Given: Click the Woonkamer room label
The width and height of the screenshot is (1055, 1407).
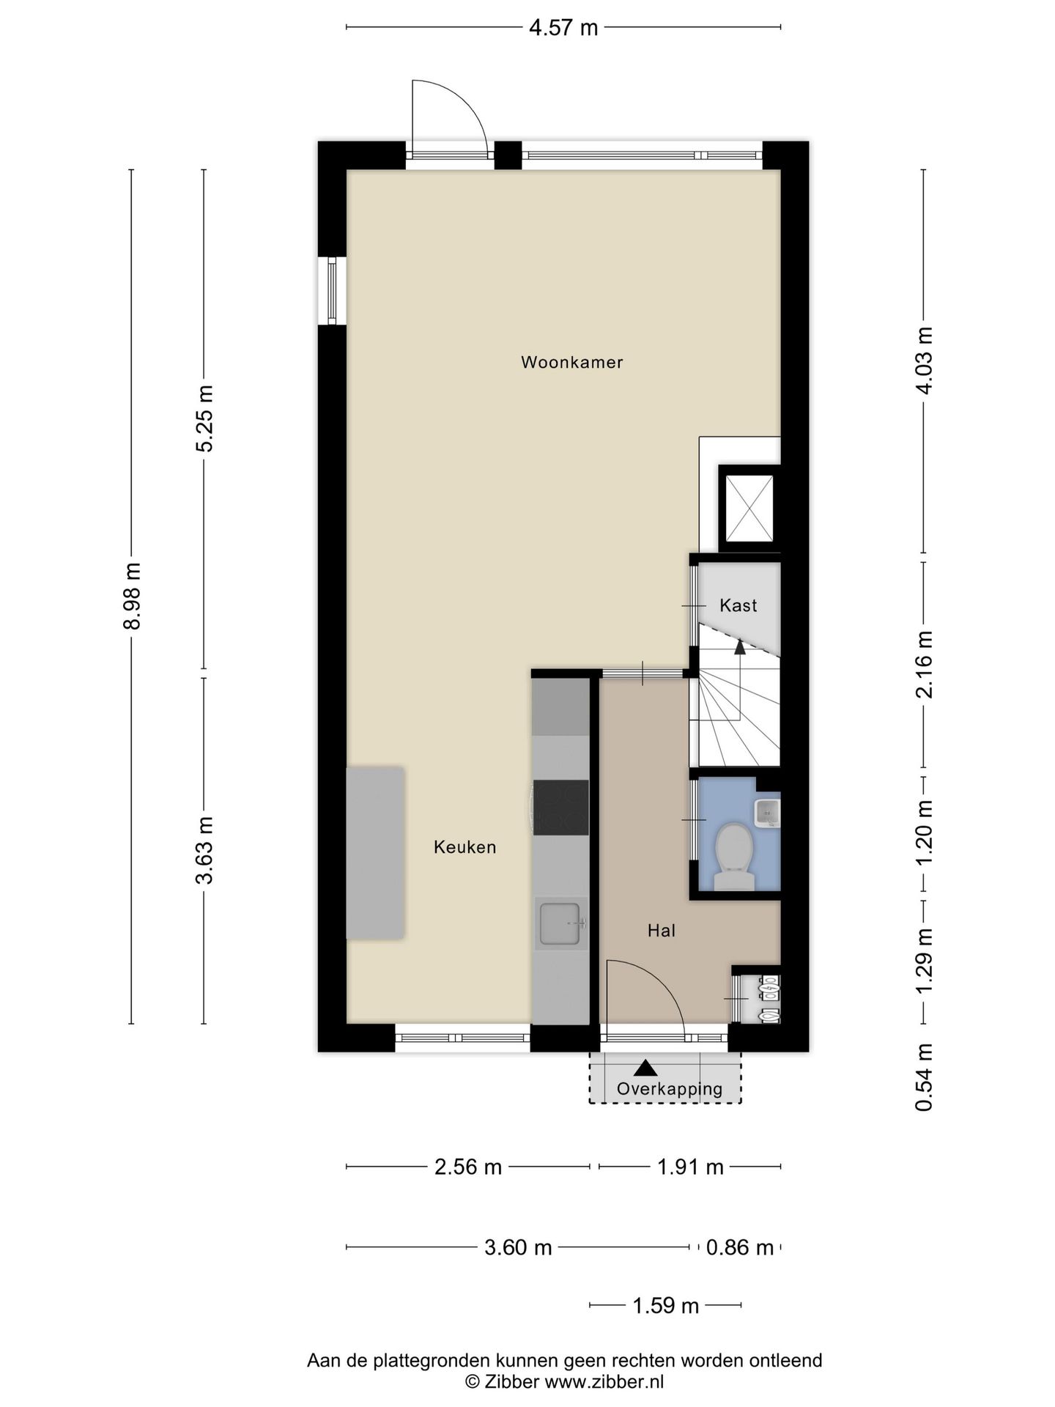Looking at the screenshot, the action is [571, 362].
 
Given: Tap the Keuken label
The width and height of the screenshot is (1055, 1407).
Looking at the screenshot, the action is [465, 847].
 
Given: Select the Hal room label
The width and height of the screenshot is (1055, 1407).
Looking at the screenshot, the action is [661, 931].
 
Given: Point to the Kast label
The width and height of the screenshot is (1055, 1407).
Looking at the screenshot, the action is [738, 605].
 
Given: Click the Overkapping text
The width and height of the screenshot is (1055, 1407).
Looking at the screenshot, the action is [670, 1089].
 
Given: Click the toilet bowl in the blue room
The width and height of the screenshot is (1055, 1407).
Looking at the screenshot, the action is [733, 856].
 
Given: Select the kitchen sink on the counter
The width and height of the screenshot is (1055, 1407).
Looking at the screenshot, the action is [561, 923].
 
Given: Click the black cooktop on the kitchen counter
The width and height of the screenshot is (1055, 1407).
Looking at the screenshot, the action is [560, 808].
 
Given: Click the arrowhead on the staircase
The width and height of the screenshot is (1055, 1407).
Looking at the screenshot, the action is [740, 647].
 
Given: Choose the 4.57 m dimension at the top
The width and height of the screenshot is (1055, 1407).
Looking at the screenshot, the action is [563, 28].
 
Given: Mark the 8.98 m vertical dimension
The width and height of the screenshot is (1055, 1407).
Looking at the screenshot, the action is [132, 596].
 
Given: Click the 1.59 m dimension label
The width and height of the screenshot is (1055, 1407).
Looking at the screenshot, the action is [665, 1305].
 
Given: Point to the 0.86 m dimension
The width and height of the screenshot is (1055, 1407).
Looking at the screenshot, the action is [740, 1247].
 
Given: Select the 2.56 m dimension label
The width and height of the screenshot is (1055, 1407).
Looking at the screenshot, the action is [468, 1166].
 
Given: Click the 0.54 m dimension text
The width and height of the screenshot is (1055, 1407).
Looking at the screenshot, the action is [924, 1077].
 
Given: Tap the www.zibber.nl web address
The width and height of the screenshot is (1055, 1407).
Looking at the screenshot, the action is [604, 1381].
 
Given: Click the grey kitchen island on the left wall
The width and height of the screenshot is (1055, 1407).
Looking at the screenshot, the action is [375, 853].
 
